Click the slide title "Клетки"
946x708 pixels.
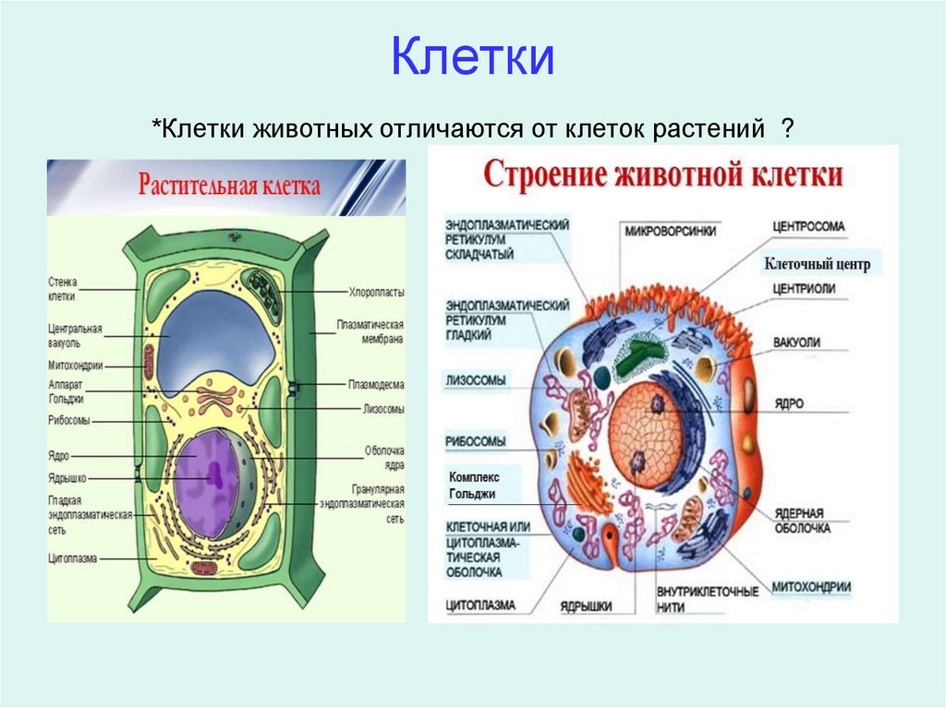pos(472,57)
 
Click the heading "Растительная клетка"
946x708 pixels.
pos(229,186)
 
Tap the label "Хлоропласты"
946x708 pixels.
pos(376,292)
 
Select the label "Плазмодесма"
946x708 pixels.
pos(376,384)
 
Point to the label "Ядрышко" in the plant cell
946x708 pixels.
pos(68,478)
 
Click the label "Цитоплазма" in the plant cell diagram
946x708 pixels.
pos(73,558)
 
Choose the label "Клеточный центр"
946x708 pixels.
pos(818,265)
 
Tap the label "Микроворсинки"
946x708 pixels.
pos(670,232)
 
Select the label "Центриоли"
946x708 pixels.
pos(804,288)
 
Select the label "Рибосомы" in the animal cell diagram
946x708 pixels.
pos(475,441)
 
